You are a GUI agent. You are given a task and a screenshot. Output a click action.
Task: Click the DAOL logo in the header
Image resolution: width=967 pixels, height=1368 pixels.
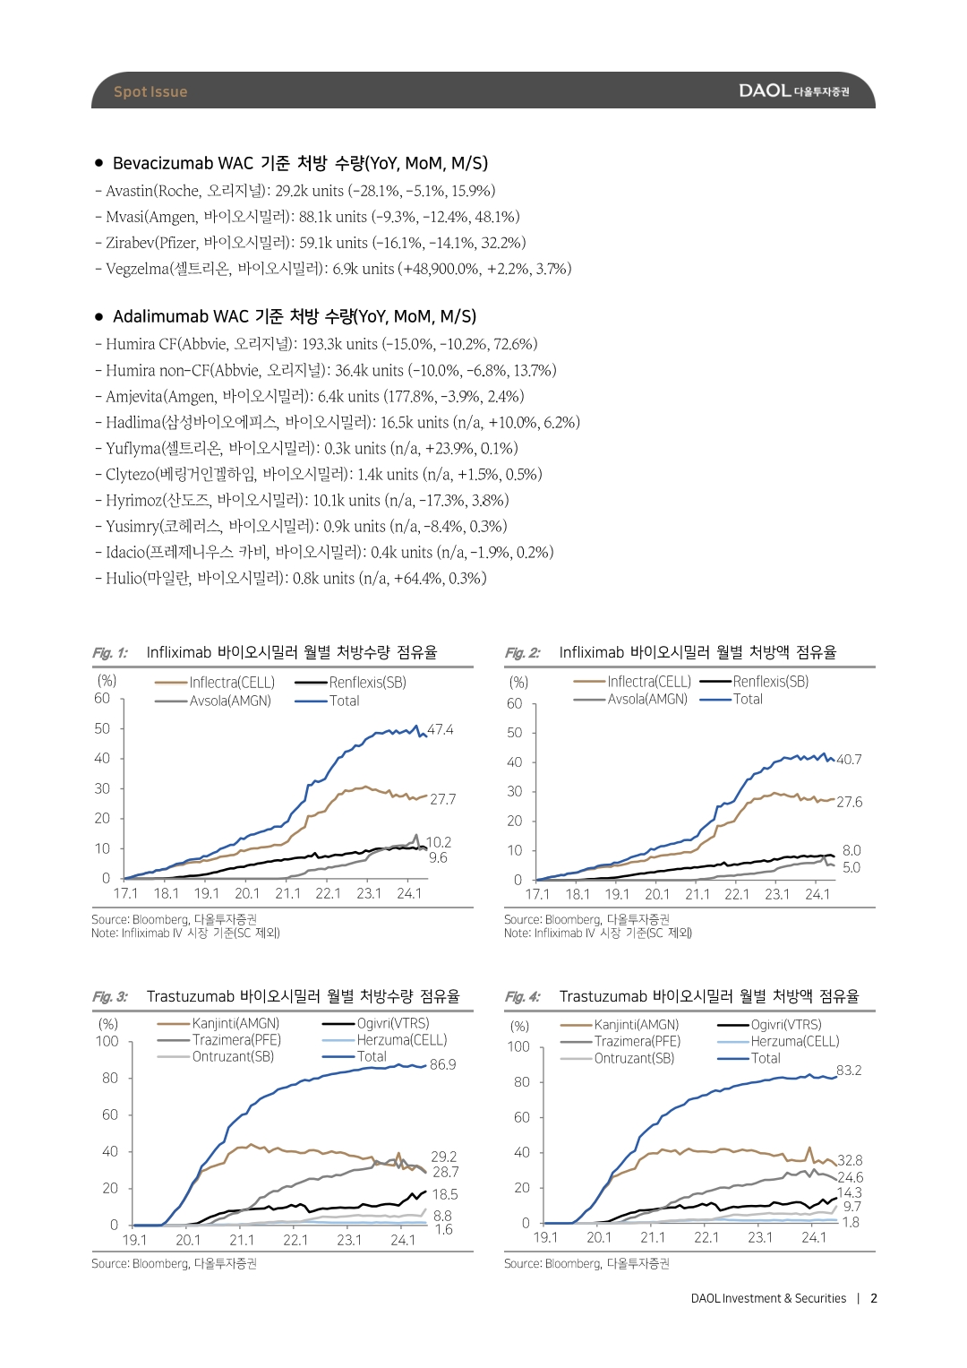pyautogui.click(x=793, y=91)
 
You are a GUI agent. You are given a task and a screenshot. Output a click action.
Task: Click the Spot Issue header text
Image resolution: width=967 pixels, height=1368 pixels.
pyautogui.click(x=150, y=91)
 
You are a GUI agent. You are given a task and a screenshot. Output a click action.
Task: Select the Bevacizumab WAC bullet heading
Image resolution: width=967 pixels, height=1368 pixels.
pyautogui.click(x=300, y=163)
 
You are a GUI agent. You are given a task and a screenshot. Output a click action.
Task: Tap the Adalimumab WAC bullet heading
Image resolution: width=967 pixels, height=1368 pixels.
pyautogui.click(x=295, y=316)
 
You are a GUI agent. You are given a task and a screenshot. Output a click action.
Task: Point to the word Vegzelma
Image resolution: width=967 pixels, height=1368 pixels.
pyautogui.click(x=137, y=270)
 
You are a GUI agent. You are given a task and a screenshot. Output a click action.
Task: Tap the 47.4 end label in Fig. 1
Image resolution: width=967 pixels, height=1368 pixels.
pyautogui.click(x=441, y=729)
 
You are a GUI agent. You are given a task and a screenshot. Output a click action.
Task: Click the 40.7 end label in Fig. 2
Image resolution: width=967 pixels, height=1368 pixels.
pyautogui.click(x=849, y=759)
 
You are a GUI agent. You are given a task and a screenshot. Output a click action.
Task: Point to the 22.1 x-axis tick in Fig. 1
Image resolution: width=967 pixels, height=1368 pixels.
pyautogui.click(x=328, y=893)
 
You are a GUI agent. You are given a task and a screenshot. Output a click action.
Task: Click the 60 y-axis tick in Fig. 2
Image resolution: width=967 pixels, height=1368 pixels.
pyautogui.click(x=514, y=703)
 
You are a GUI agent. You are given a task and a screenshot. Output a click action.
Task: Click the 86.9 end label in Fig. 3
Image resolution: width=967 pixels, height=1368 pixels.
pyautogui.click(x=442, y=1064)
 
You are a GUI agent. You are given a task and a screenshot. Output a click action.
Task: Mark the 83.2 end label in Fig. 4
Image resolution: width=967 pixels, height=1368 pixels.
pyautogui.click(x=849, y=1070)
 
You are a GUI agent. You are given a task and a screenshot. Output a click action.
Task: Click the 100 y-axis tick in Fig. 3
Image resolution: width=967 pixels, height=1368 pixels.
pyautogui.click(x=107, y=1041)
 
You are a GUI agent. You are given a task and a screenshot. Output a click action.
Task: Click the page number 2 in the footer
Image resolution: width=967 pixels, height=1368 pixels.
pyautogui.click(x=874, y=1298)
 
